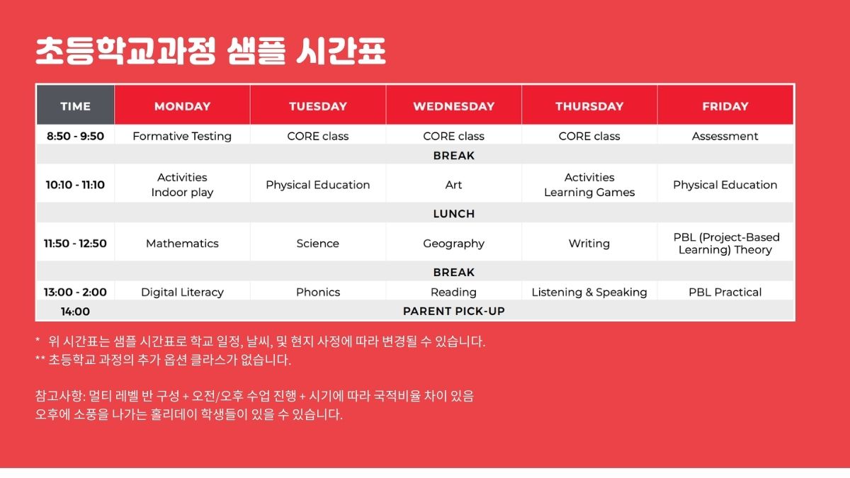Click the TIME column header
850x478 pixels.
point(75,106)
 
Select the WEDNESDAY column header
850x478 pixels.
point(453,106)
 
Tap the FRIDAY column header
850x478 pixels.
point(725,106)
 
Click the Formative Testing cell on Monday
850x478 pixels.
point(182,136)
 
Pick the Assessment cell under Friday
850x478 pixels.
point(725,136)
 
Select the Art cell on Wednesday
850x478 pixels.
point(453,185)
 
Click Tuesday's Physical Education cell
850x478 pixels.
point(317,185)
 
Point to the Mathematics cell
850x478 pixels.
point(182,244)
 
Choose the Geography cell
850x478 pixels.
point(453,244)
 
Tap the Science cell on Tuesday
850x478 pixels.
point(317,244)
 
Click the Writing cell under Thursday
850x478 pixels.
point(589,244)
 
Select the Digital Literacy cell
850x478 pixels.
point(182,292)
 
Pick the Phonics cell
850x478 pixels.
point(317,292)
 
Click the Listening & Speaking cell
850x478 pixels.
point(589,292)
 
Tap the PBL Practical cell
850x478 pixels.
point(725,292)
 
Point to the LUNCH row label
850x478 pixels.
point(453,214)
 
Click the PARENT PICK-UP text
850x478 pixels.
point(453,311)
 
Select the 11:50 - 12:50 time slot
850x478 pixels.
point(75,244)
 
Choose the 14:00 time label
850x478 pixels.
point(75,311)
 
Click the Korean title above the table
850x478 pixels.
point(210,52)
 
